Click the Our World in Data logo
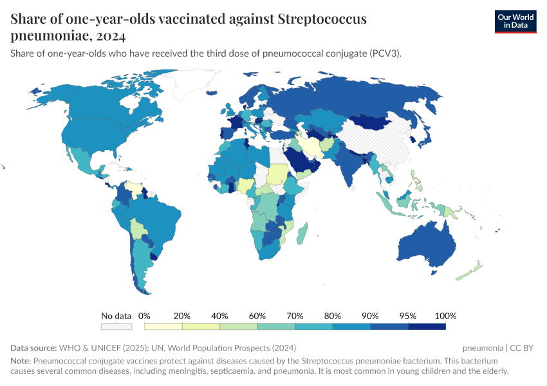tap(515, 21)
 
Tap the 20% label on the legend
tap(182, 316)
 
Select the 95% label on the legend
tap(408, 316)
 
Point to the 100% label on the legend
tap(445, 316)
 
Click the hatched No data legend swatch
tap(116, 327)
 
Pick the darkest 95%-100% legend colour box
tap(427, 327)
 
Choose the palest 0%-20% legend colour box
tap(163, 327)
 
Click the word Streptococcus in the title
tap(322, 19)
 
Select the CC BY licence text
tap(523, 348)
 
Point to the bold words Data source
tap(33, 348)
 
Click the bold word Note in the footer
tap(20, 361)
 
